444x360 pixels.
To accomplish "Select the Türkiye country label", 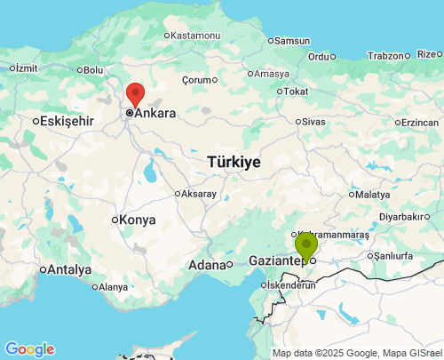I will coord(234,162).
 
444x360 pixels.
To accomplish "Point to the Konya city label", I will coord(138,220).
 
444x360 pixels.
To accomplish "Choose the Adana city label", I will coord(206,265).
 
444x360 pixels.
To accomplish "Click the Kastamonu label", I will coord(194,35).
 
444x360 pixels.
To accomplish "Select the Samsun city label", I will coord(291,40).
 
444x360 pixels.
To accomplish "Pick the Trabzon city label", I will coord(385,55).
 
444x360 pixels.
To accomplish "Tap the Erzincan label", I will coord(419,122).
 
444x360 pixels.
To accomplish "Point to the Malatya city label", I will coord(372,194).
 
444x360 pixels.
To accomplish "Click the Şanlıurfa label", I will coord(392,255).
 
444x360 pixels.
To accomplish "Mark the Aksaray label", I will coord(198,193).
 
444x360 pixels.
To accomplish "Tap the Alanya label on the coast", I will coord(113,287).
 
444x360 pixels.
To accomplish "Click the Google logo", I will coord(29,349).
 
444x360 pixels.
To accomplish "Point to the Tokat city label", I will coord(296,91).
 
